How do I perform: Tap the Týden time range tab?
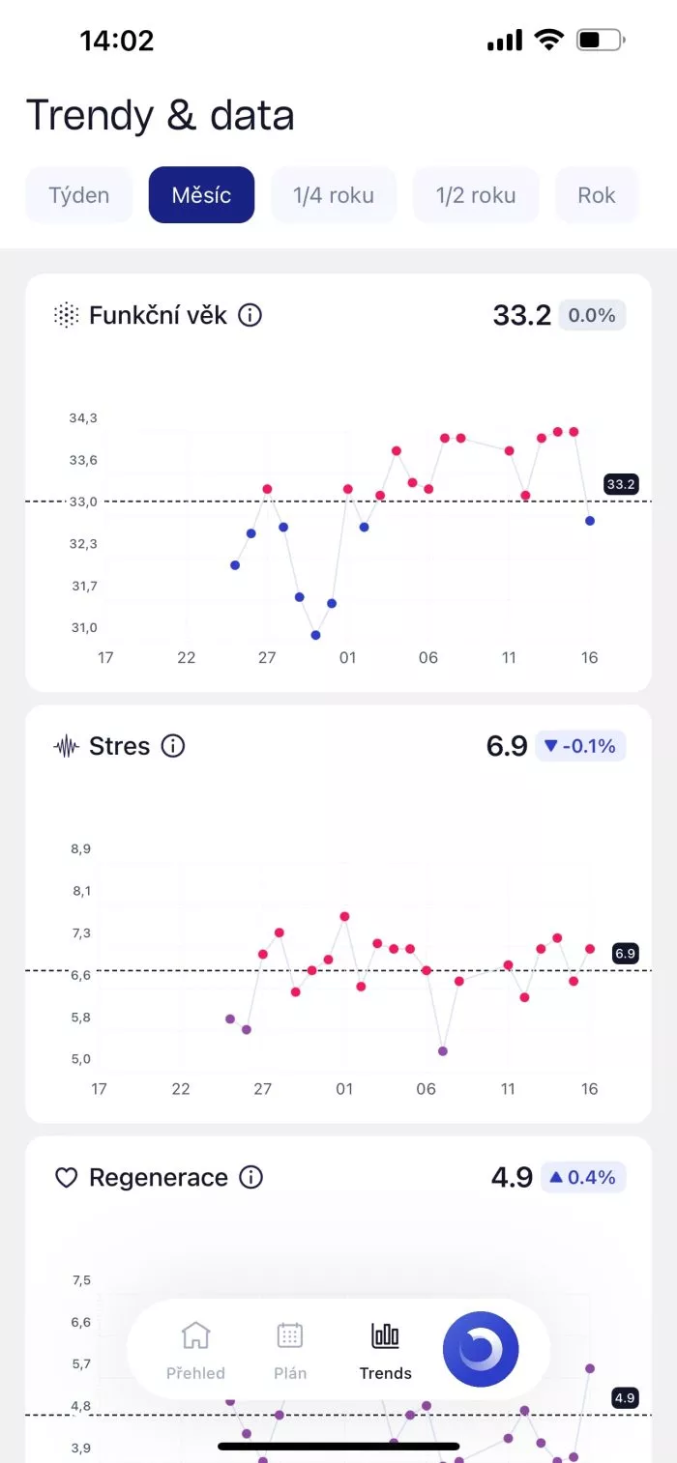[x=79, y=195]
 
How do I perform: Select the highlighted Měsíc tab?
[x=201, y=195]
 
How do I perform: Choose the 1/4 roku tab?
[x=334, y=195]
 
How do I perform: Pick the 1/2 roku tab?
[x=476, y=195]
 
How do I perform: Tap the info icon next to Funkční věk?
[x=250, y=315]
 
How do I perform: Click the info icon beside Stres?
[x=173, y=746]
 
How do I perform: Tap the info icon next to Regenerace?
[x=250, y=1177]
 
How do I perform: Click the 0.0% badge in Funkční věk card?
[x=592, y=315]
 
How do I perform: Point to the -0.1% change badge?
[x=580, y=746]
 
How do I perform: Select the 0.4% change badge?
[x=583, y=1177]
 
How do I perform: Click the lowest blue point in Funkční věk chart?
[x=315, y=635]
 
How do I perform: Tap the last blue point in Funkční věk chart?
[x=590, y=521]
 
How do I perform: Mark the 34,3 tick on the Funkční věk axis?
[x=83, y=418]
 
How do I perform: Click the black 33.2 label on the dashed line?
[x=621, y=484]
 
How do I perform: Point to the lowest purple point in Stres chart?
[x=443, y=1050]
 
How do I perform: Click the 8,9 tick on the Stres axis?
[x=80, y=849]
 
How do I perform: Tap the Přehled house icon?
[x=195, y=1336]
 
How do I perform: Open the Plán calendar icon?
[x=289, y=1336]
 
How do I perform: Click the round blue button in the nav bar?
[x=481, y=1350]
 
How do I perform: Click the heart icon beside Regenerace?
[x=66, y=1178]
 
